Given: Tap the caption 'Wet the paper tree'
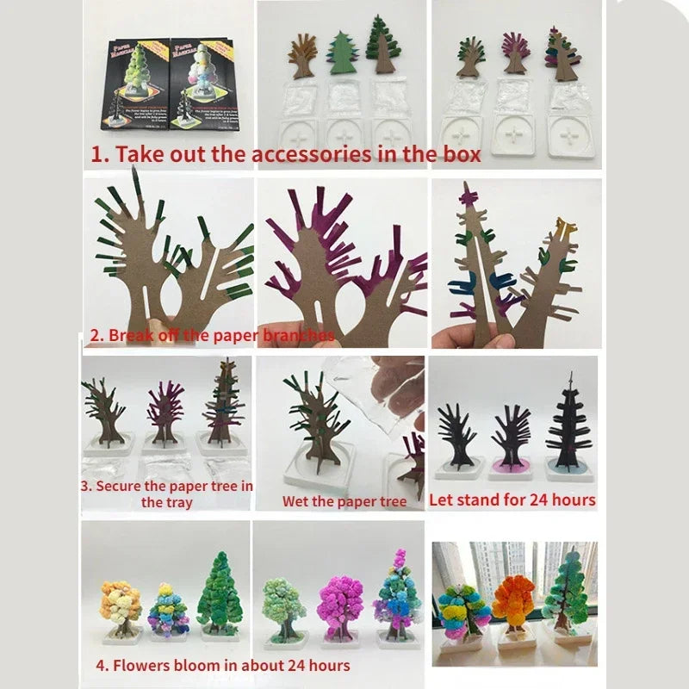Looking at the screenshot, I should [x=344, y=501].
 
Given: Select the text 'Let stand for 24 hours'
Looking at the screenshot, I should [x=512, y=500].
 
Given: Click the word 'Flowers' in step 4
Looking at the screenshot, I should [x=147, y=665].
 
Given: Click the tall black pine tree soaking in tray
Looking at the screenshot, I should [x=568, y=422].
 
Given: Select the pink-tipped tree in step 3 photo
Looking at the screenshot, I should [x=164, y=410].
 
